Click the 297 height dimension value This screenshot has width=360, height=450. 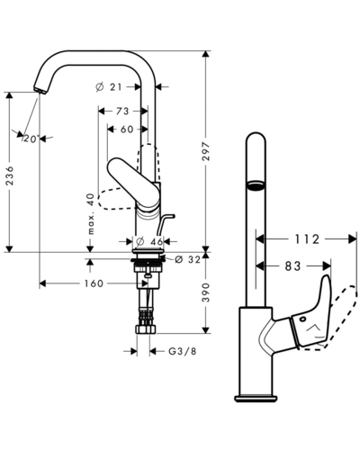[206, 151]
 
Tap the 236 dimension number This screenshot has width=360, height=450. [10, 175]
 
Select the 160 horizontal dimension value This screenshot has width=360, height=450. [94, 283]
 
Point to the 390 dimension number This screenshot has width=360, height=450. [206, 292]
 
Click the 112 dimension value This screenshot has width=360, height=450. [307, 239]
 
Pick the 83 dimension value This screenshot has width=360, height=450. [292, 265]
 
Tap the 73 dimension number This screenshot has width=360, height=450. [122, 112]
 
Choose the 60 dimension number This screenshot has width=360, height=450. [127, 130]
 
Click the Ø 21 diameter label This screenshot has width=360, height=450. [109, 87]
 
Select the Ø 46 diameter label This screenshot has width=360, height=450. [149, 241]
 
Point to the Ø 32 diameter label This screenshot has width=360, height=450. [187, 259]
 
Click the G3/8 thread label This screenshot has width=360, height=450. [183, 351]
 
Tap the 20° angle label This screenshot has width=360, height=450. [31, 139]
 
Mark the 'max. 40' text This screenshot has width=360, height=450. [91, 214]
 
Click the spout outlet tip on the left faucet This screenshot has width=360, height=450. [39, 90]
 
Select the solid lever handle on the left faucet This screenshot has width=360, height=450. [134, 183]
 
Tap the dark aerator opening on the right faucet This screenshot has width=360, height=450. [256, 185]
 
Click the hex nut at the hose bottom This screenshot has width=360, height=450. [147, 329]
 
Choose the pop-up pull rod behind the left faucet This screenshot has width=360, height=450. [165, 225]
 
